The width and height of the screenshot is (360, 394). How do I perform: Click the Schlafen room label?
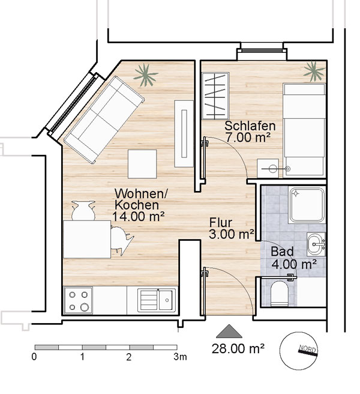250,126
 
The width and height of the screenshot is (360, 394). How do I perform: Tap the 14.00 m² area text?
139,216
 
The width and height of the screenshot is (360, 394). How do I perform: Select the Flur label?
221,223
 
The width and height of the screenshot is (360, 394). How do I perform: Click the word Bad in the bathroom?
282,252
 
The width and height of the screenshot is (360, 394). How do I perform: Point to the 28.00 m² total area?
238,348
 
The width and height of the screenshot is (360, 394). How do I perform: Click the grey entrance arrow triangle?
229,331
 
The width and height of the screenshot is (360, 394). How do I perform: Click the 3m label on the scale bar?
180,357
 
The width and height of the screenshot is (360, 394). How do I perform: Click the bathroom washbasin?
316,244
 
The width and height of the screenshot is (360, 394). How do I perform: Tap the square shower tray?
307,205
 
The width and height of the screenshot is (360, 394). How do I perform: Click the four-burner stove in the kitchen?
79,301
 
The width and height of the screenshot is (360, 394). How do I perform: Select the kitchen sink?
157,300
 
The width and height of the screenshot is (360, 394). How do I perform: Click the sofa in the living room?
104,120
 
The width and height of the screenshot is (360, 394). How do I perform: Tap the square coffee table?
142,164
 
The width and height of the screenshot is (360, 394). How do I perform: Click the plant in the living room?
145,74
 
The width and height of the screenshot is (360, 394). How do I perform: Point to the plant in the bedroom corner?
314,71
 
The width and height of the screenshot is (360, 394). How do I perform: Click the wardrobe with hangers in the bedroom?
215,96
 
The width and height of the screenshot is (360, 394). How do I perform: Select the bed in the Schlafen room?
304,129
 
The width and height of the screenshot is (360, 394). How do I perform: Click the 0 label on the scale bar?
34,357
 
